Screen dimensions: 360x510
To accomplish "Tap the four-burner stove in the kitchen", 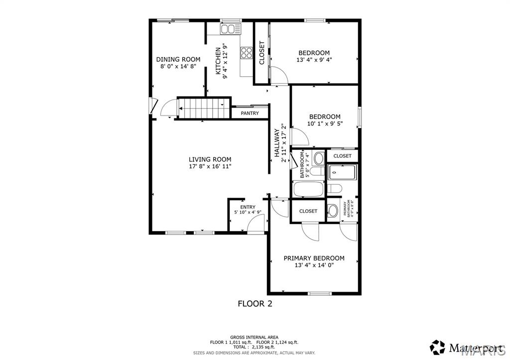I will point(246,52).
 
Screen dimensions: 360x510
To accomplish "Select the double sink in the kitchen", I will point(231,29).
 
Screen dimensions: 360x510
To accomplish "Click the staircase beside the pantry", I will point(202,109).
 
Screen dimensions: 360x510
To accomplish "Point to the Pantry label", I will point(250,114).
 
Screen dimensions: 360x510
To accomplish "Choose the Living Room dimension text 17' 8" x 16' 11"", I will point(210,166).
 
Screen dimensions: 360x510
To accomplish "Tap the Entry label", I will point(248,207).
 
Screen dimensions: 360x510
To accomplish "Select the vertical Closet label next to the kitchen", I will point(262,53).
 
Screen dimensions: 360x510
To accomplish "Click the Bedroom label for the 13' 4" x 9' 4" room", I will point(314,53).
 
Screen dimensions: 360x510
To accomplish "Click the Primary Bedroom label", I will point(314,258).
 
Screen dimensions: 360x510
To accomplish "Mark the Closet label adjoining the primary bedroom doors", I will point(308,211).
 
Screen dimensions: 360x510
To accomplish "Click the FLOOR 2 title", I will point(255,303).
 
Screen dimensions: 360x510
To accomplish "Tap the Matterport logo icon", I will point(437,346).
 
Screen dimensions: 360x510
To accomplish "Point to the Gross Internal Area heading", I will point(255,337).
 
